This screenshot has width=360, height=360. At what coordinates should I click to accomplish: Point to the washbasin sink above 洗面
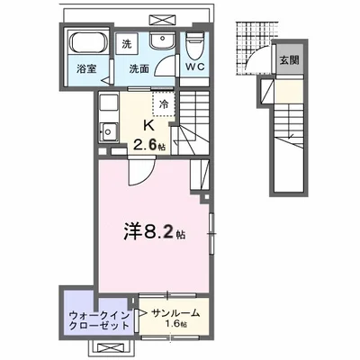[x=163, y=41]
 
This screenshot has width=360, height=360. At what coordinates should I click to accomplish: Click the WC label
[x=197, y=67]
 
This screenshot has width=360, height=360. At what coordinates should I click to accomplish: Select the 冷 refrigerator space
[x=164, y=103]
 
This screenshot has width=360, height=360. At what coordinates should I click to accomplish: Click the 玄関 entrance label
[x=288, y=61]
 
